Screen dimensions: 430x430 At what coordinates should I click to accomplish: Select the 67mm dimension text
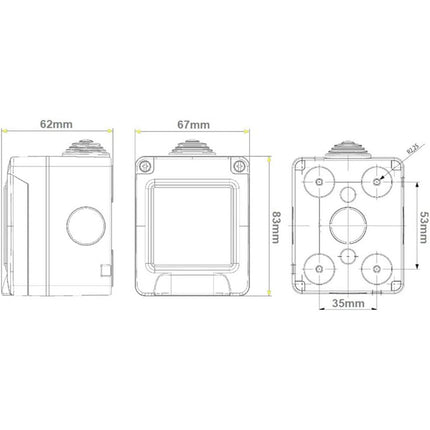(x=192, y=125)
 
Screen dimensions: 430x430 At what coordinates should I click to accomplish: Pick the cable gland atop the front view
(x=192, y=150)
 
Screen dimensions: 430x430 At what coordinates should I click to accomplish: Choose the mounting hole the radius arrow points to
(x=378, y=182)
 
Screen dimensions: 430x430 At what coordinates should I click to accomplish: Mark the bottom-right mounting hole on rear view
(x=378, y=267)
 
